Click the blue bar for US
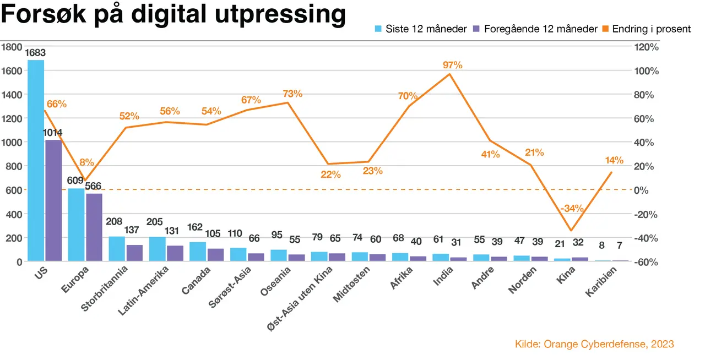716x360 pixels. tap(36, 160)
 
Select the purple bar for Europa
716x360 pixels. tap(94, 227)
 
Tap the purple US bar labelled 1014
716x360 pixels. tap(53, 200)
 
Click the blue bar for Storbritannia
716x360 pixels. tap(117, 249)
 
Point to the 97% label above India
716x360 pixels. tap(452, 65)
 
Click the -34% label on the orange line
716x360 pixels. tap(572, 209)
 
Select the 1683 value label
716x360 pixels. tap(35, 53)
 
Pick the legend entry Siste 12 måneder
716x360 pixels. tap(421, 29)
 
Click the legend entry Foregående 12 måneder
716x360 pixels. tap(535, 29)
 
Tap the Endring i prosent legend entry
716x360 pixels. tap(646, 29)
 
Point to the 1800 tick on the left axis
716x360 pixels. tap(12, 47)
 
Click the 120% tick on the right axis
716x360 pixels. tap(646, 47)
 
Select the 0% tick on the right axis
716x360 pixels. tap(641, 190)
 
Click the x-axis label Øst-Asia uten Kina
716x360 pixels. tap(300, 299)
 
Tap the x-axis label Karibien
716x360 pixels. tap(601, 282)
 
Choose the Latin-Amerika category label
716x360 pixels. tap(143, 291)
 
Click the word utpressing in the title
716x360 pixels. tap(280, 14)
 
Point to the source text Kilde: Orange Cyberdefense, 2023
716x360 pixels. tap(594, 344)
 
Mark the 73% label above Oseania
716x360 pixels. tap(292, 94)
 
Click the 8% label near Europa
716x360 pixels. tap(86, 162)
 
